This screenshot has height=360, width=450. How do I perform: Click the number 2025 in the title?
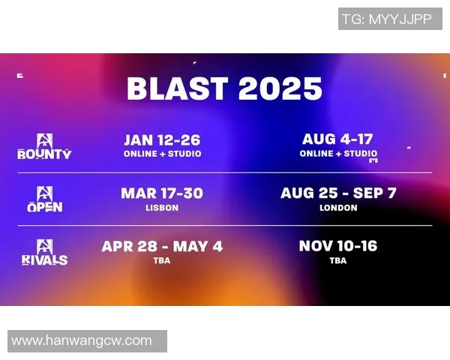(x=280, y=88)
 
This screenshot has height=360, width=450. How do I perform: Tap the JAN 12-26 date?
(x=162, y=140)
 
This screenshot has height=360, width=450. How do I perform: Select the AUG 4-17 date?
(x=337, y=139)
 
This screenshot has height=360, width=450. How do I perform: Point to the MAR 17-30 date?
(x=162, y=193)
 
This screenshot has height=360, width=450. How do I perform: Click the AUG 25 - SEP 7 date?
(x=338, y=193)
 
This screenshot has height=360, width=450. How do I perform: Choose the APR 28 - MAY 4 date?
(x=162, y=247)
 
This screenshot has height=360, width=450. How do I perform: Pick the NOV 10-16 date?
(x=338, y=246)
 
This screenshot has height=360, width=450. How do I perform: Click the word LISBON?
(x=162, y=208)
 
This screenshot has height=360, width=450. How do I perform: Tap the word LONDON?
(x=338, y=208)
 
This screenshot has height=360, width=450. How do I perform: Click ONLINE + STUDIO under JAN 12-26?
(x=162, y=154)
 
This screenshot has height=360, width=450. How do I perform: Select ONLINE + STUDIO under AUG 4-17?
(x=338, y=154)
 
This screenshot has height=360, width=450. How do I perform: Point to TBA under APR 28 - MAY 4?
(x=162, y=261)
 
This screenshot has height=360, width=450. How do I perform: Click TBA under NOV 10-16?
(x=338, y=261)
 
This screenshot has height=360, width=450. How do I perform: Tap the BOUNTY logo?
(x=45, y=147)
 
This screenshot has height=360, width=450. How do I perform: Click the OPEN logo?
(x=45, y=199)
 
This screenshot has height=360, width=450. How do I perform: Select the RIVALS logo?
(x=45, y=253)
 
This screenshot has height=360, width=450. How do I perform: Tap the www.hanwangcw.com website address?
(x=82, y=341)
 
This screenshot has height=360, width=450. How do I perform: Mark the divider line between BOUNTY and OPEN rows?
(x=225, y=172)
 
